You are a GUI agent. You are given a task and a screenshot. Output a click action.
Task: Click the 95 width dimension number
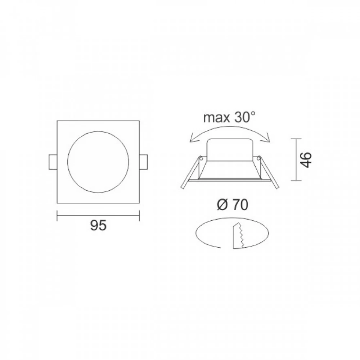[98, 226]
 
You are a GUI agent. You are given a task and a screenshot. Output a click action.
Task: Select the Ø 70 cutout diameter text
[232, 205]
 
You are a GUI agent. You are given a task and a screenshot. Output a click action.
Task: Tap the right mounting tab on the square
[144, 162]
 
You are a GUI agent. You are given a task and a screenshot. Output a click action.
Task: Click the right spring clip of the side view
[270, 174]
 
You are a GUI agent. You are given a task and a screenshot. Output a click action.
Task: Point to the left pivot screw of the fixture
[202, 157]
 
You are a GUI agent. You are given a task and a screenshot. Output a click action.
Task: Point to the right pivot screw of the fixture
[258, 157]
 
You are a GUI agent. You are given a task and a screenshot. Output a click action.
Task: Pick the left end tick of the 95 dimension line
[57, 216]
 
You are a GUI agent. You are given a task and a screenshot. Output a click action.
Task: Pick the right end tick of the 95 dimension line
[139, 216]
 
